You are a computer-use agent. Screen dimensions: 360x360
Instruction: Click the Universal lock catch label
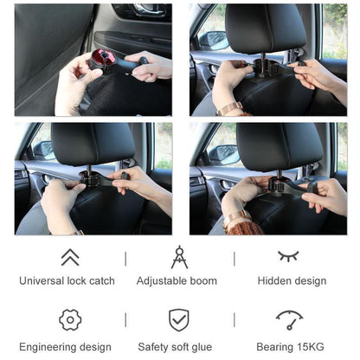[67, 280]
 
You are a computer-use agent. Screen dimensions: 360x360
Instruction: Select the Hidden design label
[292, 280]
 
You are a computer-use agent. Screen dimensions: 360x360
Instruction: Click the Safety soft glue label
[179, 347]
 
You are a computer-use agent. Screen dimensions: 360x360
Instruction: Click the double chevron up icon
[70, 257]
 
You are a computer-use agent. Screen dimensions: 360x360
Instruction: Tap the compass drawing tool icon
[179, 256]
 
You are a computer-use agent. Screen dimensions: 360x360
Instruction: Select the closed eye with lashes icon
[288, 256]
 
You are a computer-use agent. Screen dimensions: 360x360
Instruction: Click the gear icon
[70, 320]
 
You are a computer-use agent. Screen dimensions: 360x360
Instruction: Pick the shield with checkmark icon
[179, 320]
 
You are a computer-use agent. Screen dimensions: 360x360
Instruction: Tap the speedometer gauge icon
[289, 319]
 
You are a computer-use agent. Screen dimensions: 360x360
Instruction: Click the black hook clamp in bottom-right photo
[280, 184]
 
